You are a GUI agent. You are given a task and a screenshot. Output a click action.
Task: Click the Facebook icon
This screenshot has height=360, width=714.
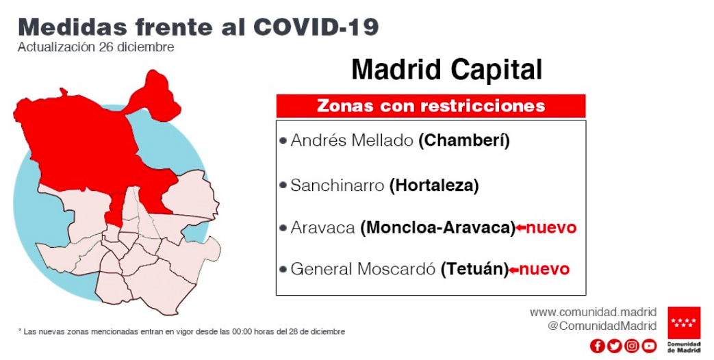coord(597,346)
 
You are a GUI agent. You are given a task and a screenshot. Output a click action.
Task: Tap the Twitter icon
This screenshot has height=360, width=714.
coord(614,346)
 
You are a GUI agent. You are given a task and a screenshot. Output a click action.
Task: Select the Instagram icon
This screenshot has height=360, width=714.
coord(632,346)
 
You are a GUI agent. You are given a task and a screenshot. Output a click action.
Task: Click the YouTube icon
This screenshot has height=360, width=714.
coord(650,346)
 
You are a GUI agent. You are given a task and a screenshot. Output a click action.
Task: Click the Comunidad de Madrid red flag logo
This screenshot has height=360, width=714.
coord(684,322)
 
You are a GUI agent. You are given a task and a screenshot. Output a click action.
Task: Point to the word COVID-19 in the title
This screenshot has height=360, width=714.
coord(316,27)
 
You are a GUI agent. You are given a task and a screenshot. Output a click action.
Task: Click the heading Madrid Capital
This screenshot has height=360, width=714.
coord(447,70)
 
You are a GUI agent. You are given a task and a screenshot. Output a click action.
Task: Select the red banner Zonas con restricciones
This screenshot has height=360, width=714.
coord(431,106)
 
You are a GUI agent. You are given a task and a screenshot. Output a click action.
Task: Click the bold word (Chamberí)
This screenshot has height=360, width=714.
coord(464,140)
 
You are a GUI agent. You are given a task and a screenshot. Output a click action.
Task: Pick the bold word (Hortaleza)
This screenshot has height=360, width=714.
coord(434,185)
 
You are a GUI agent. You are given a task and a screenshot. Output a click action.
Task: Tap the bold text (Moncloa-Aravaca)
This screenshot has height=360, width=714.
coord(437,227)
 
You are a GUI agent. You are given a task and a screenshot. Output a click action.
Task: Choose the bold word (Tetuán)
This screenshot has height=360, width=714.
coord(474,269)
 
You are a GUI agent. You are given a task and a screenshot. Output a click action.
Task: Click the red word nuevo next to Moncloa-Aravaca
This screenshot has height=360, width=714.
coord(552,227)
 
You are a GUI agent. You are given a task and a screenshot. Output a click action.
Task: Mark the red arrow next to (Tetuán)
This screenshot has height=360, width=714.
coord(513,270)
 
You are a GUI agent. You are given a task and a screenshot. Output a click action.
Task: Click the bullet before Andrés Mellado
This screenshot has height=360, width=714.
coord(283,140)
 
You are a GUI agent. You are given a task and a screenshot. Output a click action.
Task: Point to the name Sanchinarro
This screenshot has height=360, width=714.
coord(337,185)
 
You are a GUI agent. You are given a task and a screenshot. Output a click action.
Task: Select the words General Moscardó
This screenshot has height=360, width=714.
coord(364,269)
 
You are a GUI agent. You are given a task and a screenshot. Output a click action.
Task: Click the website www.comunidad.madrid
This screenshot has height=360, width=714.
coord(593,312)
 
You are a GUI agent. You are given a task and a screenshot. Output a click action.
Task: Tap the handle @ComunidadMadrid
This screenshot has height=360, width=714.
coord(602,326)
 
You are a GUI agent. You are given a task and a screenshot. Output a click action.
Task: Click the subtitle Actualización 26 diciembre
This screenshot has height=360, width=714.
coord(96,47)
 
